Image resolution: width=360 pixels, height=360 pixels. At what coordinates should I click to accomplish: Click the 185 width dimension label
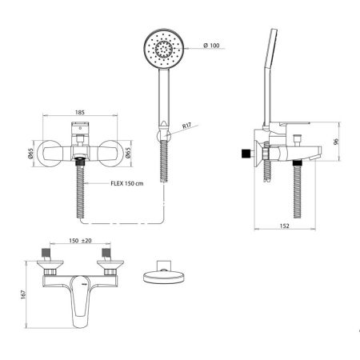coord(80,112)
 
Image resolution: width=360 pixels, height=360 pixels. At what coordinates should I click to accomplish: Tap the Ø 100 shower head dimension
coord(211,46)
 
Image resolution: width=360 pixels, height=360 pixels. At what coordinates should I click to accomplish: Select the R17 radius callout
coord(186,126)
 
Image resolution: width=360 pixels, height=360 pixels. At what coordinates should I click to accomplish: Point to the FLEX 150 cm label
coord(127,183)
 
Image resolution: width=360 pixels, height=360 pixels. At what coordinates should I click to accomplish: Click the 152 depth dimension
coord(285,226)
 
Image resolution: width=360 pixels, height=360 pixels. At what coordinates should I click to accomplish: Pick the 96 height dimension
coord(336,142)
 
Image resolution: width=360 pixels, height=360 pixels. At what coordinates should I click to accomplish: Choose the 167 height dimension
coord(23,294)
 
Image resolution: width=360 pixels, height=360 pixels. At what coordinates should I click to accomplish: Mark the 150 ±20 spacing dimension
coord(80,241)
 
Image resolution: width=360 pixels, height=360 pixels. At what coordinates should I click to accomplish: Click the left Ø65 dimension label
coord(31,154)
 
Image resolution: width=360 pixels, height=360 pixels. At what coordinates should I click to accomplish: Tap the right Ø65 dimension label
coord(129,153)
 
